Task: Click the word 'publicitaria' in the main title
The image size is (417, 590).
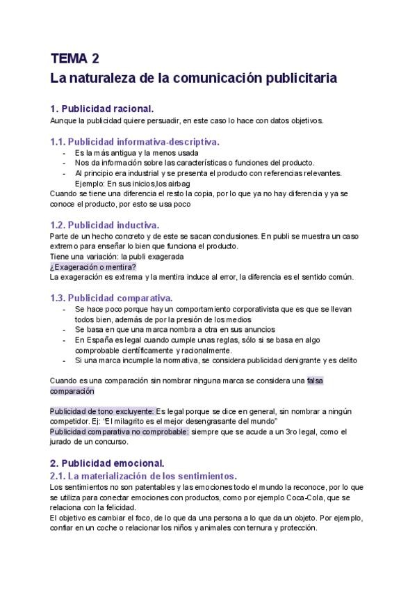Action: click(x=302, y=78)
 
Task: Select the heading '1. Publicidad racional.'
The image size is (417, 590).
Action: click(x=101, y=109)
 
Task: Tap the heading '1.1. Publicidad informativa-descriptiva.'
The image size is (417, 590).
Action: click(x=135, y=141)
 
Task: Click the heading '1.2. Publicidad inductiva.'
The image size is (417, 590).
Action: click(x=105, y=225)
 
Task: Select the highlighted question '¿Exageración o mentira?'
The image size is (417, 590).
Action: click(x=93, y=266)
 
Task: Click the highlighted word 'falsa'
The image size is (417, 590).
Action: click(x=316, y=381)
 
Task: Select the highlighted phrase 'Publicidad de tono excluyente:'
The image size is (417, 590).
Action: click(x=102, y=411)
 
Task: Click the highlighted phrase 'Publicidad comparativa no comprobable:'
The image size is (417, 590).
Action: click(x=119, y=431)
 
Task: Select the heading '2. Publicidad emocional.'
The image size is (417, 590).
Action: click(x=107, y=463)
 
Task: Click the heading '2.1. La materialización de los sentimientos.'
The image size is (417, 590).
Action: click(x=144, y=476)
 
